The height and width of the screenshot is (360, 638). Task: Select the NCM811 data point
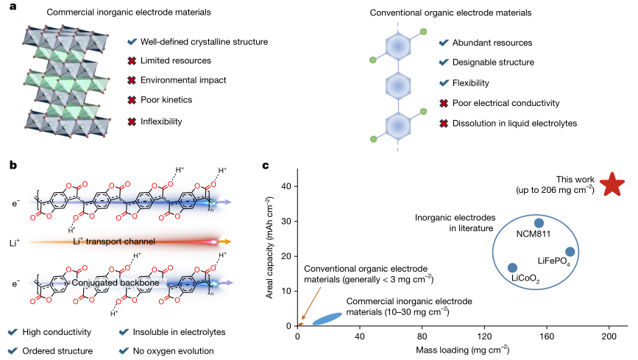pyautogui.click(x=539, y=223)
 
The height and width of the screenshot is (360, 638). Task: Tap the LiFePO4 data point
pyautogui.click(x=570, y=253)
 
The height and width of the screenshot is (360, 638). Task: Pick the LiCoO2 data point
pyautogui.click(x=512, y=268)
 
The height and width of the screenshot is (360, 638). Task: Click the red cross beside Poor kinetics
pyautogui.click(x=132, y=99)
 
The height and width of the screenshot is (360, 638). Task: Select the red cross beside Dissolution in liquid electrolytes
pyautogui.click(x=444, y=123)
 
